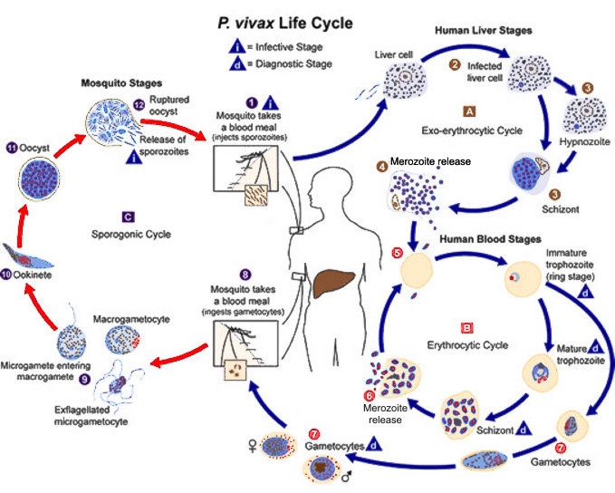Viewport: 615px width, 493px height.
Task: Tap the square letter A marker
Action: point(469,111)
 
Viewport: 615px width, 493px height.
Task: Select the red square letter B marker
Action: point(466,327)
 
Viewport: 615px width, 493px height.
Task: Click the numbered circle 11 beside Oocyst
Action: point(12,147)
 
